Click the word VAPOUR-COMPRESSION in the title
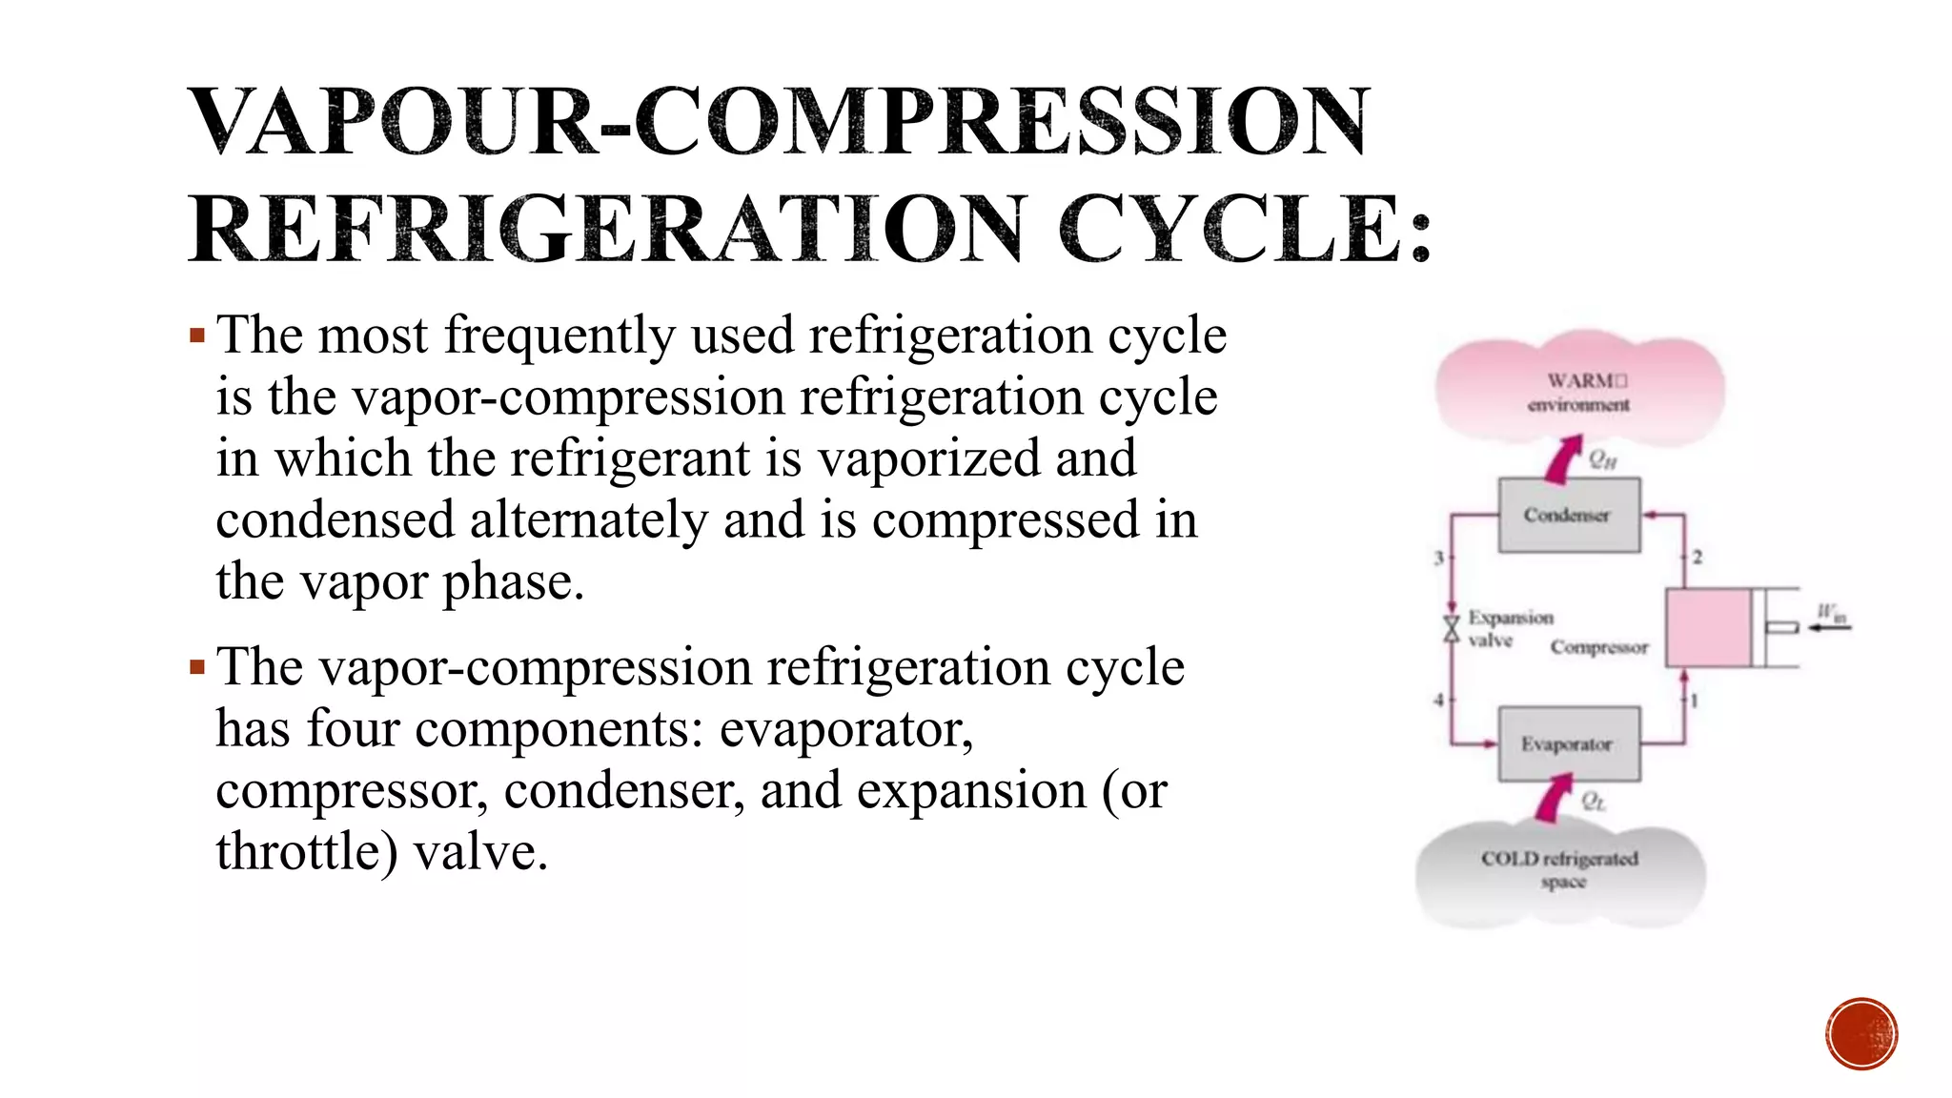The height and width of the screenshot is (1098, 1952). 778,121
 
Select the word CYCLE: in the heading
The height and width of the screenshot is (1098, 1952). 1244,230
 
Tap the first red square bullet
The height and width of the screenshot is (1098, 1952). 197,335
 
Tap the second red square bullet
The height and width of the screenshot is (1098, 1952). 197,667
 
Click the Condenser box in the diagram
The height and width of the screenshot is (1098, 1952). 1568,516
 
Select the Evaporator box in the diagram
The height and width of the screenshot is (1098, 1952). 1568,744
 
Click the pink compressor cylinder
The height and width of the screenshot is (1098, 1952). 1707,627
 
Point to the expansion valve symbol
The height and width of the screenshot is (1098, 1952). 1451,629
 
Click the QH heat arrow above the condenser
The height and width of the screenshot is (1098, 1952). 1562,459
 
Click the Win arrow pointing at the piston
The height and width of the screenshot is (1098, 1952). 1828,627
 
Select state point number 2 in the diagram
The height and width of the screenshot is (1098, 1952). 1698,558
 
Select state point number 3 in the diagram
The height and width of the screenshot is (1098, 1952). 1438,558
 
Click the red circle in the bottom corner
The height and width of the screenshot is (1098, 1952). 1860,1034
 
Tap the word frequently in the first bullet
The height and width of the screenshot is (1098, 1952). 559,336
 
